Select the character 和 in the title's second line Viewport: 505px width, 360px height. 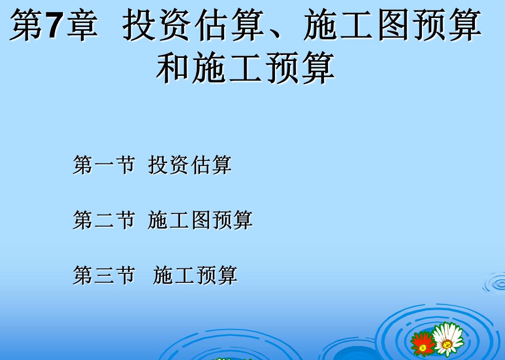pyautogui.click(x=173, y=68)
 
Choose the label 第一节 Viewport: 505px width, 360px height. pyautogui.click(x=103, y=165)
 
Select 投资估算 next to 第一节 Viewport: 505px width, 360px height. pyautogui.click(x=190, y=165)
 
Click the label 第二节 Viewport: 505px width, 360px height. pyautogui.click(x=103, y=220)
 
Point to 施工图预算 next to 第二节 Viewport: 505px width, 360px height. pyautogui.click(x=200, y=220)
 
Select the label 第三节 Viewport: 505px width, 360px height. pyautogui.click(x=103, y=276)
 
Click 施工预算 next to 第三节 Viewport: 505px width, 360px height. pyautogui.click(x=195, y=276)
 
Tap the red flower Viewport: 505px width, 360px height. pyautogui.click(x=422, y=343)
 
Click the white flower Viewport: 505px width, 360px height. pyautogui.click(x=448, y=339)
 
